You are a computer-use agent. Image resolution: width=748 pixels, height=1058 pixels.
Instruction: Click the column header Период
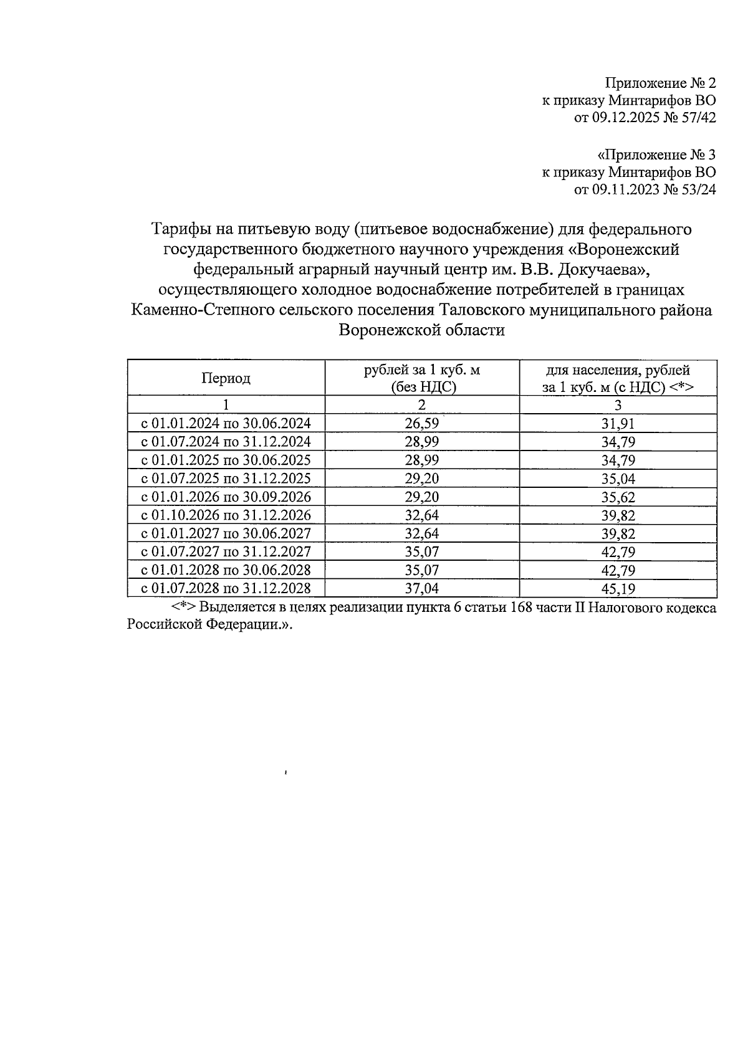click(x=226, y=378)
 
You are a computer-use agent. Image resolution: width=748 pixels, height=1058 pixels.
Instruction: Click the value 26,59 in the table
click(x=421, y=424)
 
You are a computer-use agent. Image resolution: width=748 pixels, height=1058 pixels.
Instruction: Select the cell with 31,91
click(x=618, y=424)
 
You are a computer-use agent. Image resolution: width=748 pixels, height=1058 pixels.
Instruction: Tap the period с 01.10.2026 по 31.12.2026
click(x=226, y=515)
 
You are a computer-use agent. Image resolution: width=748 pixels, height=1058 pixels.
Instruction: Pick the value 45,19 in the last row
click(x=618, y=589)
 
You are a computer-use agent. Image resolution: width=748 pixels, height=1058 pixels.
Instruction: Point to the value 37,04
click(x=421, y=588)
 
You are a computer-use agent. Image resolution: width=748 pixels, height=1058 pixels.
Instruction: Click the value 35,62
click(x=618, y=497)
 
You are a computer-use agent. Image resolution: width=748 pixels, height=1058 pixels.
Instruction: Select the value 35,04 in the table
click(x=618, y=479)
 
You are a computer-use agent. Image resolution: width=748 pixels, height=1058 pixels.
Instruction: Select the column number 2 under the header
click(x=421, y=405)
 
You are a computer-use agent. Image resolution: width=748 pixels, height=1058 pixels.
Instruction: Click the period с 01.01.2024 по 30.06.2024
click(x=226, y=424)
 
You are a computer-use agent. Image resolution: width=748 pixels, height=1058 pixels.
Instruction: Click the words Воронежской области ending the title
click(x=421, y=330)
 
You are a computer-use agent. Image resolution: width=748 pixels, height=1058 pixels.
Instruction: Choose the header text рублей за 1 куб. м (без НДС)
click(x=421, y=378)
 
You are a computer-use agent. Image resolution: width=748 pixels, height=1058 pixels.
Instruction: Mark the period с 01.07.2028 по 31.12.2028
click(x=226, y=588)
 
